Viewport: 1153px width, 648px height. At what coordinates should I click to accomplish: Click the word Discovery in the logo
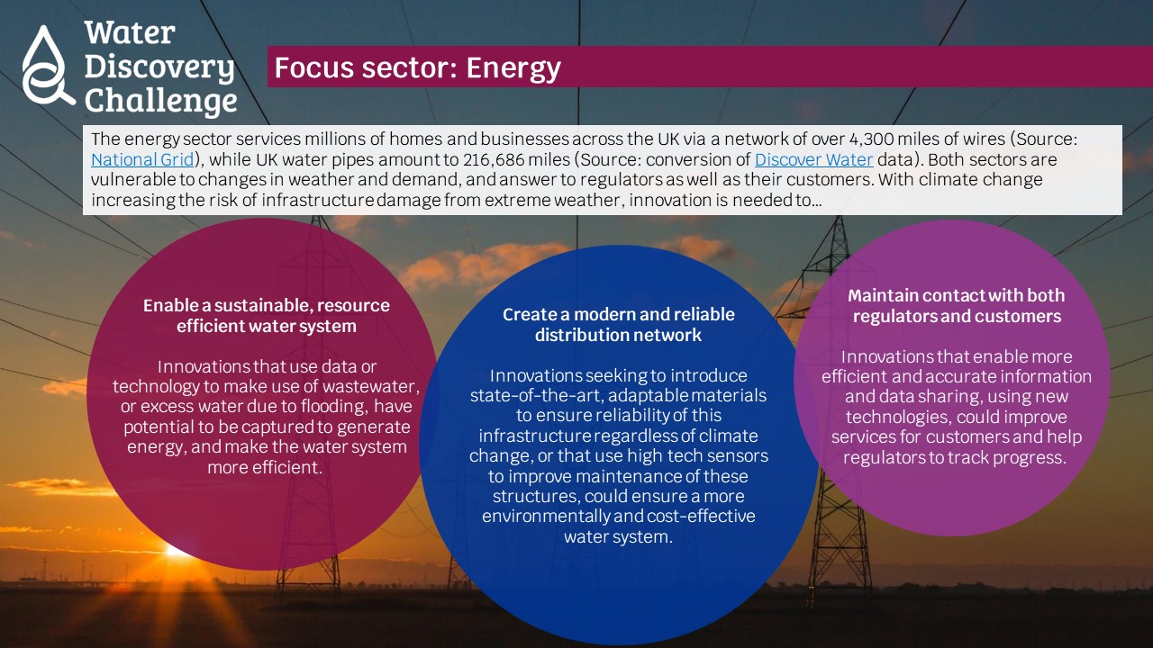(x=159, y=67)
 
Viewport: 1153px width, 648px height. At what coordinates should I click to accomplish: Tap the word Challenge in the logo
(x=160, y=100)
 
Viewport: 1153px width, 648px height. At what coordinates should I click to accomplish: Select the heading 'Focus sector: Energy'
(x=417, y=67)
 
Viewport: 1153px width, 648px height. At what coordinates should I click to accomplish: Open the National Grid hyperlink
(x=142, y=159)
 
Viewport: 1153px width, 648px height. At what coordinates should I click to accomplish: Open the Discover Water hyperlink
(x=813, y=159)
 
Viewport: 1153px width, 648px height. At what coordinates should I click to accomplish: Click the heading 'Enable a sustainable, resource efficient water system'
(x=266, y=315)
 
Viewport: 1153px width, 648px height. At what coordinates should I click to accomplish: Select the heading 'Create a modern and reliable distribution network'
(x=618, y=325)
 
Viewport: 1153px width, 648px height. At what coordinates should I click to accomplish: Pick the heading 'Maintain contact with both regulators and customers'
(x=957, y=305)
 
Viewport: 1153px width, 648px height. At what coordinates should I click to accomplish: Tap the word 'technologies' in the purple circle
(x=899, y=417)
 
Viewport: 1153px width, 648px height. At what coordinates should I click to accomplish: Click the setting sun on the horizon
(x=176, y=551)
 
